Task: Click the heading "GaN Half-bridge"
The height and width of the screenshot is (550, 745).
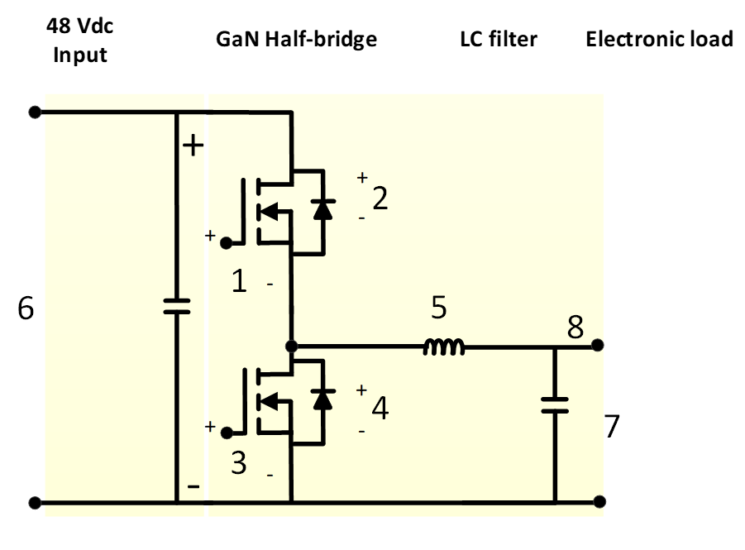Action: click(x=296, y=39)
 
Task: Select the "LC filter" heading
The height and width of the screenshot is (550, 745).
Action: click(x=498, y=39)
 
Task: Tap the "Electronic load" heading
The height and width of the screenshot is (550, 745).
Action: click(x=659, y=39)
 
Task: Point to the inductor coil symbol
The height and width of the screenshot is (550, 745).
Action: click(x=444, y=348)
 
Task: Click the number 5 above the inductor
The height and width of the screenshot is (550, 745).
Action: click(x=438, y=308)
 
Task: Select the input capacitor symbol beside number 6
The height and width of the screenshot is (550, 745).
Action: click(x=176, y=306)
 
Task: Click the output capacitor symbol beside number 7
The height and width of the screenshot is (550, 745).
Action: click(x=554, y=404)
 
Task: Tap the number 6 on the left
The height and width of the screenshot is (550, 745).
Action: click(x=26, y=309)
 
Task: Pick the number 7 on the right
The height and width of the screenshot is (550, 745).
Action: click(x=611, y=427)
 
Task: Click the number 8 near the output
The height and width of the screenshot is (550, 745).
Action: click(x=576, y=328)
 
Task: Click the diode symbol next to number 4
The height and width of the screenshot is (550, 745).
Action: click(x=322, y=399)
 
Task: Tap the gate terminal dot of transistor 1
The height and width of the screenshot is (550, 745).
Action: click(x=225, y=242)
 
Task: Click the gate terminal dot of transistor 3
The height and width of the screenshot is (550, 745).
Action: click(x=225, y=431)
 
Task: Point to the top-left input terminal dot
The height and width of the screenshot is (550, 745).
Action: click(x=34, y=112)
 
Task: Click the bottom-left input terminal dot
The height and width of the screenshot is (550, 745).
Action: click(x=34, y=502)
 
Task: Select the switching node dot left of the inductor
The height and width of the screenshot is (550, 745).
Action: click(x=291, y=345)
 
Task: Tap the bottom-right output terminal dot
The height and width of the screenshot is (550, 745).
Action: click(x=599, y=502)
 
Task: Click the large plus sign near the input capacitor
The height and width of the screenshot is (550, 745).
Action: click(x=192, y=146)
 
